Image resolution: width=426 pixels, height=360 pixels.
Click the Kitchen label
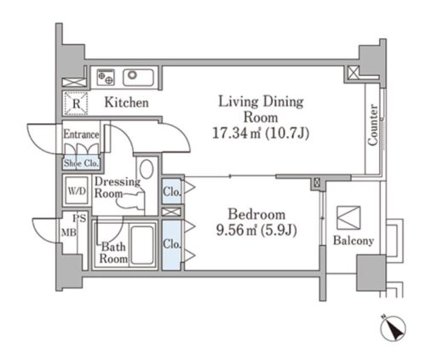tap(126, 102)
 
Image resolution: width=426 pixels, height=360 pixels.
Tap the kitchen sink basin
tap(138, 77)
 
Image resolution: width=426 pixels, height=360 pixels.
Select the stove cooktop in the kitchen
tap(106, 77)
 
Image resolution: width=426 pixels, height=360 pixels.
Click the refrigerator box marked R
tap(76, 103)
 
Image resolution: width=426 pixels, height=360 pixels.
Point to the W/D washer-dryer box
tap(77, 191)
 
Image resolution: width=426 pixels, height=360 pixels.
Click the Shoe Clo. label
tap(81, 163)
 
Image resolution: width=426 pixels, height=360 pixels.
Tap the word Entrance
tap(81, 134)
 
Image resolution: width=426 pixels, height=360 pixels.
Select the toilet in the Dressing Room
tap(131, 201)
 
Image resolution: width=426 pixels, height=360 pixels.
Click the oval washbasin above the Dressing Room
tap(147, 169)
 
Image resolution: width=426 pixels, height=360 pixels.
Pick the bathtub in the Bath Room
tap(142, 245)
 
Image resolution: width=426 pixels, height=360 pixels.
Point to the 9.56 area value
tap(233, 230)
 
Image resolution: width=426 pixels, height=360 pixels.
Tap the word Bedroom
tap(256, 214)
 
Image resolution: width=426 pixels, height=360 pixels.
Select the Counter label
tap(373, 125)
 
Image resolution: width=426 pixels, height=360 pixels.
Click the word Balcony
tap(354, 241)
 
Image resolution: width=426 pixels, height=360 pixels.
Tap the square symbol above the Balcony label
tap(348, 218)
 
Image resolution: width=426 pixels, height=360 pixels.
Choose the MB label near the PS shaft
tap(69, 232)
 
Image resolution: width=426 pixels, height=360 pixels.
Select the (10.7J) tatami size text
tap(287, 133)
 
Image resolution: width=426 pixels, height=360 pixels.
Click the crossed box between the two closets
tap(171, 212)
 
